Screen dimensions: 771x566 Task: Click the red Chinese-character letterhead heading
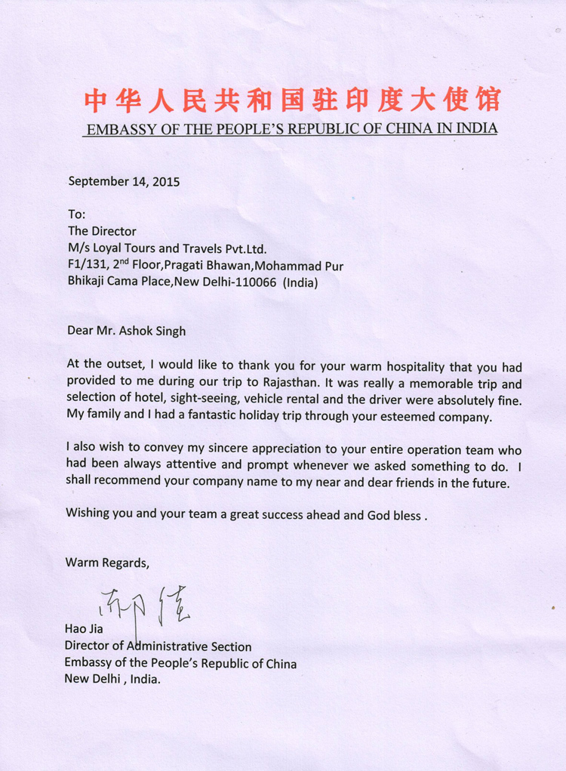[291, 100]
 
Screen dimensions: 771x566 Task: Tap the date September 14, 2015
[125, 181]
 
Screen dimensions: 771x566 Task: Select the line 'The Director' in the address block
[102, 231]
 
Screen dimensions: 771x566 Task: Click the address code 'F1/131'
[85, 266]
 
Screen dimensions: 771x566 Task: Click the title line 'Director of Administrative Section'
[158, 646]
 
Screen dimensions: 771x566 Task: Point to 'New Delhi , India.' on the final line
[113, 680]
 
